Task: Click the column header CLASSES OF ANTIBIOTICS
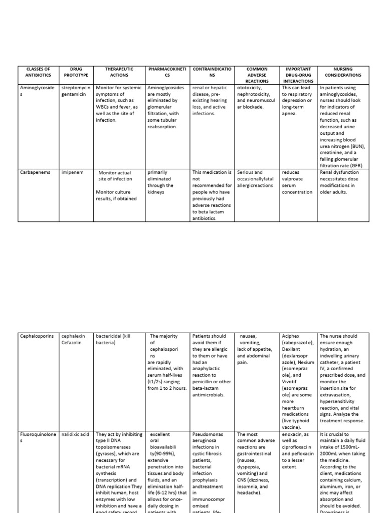(x=38, y=72)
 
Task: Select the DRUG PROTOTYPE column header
(x=76, y=72)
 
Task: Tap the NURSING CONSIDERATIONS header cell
(x=343, y=72)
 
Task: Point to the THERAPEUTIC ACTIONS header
(x=119, y=72)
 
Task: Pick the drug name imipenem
(x=72, y=172)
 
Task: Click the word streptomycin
(x=76, y=88)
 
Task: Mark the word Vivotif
(x=292, y=382)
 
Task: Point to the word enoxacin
(x=294, y=434)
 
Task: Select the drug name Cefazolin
(x=73, y=343)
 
